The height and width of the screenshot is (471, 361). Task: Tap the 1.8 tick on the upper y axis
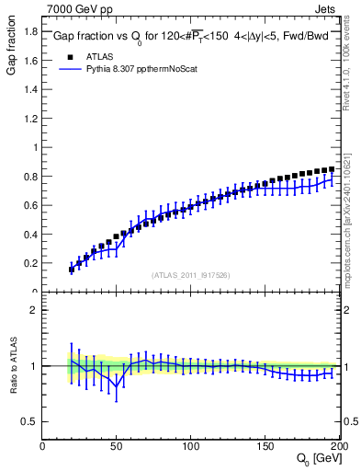30,30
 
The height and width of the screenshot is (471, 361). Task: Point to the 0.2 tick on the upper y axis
30,263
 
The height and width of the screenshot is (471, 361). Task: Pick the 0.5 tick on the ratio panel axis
30,421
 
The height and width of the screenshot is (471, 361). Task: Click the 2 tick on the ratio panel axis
34,310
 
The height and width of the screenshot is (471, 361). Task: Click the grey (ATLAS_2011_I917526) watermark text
191,274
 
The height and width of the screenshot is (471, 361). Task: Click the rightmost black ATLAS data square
332,169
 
